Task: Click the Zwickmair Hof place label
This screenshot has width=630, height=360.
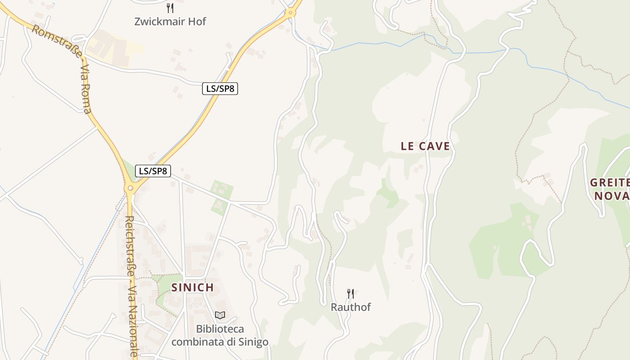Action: [x=170, y=21]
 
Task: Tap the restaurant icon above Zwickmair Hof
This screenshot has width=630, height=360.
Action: [x=170, y=8]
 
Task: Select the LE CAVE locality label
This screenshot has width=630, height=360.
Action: [x=425, y=146]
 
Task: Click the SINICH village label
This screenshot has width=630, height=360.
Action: [x=193, y=288]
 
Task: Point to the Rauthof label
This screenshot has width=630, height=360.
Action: [x=351, y=307]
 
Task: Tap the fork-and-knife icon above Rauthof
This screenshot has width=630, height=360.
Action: [x=351, y=294]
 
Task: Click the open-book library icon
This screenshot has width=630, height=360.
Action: [x=220, y=315]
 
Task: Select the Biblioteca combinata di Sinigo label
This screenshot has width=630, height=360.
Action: [x=220, y=335]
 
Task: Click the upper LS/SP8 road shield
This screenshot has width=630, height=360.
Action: [x=220, y=89]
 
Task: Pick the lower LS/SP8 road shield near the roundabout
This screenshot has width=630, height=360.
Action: [x=153, y=171]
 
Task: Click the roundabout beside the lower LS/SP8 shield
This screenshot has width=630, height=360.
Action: [x=130, y=188]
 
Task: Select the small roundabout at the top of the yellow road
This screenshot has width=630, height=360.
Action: [x=291, y=13]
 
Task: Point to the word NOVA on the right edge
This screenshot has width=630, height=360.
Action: [x=612, y=196]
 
